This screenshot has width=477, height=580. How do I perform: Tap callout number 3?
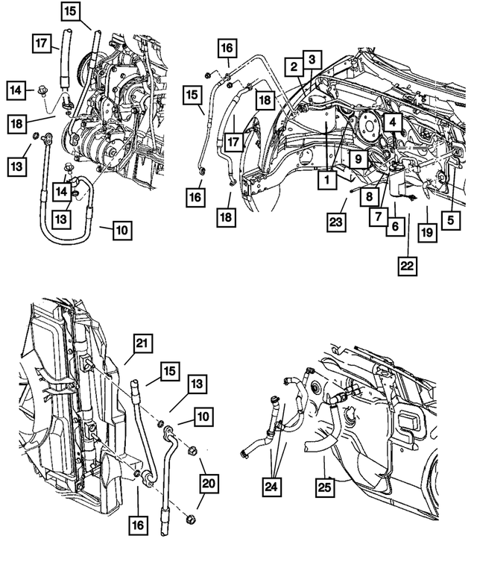pos(312,59)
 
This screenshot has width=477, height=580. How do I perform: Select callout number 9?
pos(358,159)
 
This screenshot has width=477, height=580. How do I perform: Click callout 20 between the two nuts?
pos(209,484)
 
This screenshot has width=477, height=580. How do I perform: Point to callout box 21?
pos(143,343)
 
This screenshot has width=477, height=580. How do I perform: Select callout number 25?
pos(325,489)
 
